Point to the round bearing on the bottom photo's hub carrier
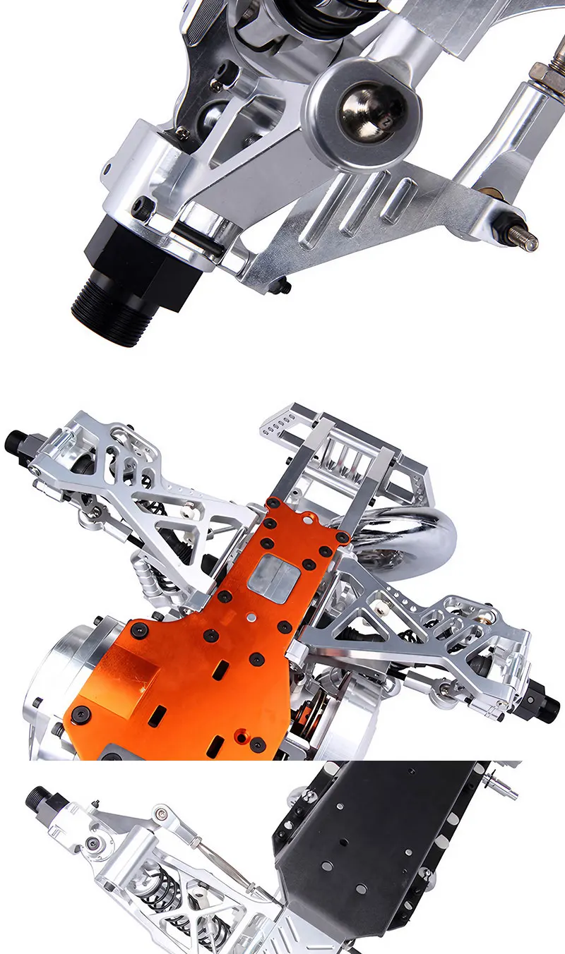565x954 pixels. [92, 844]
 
